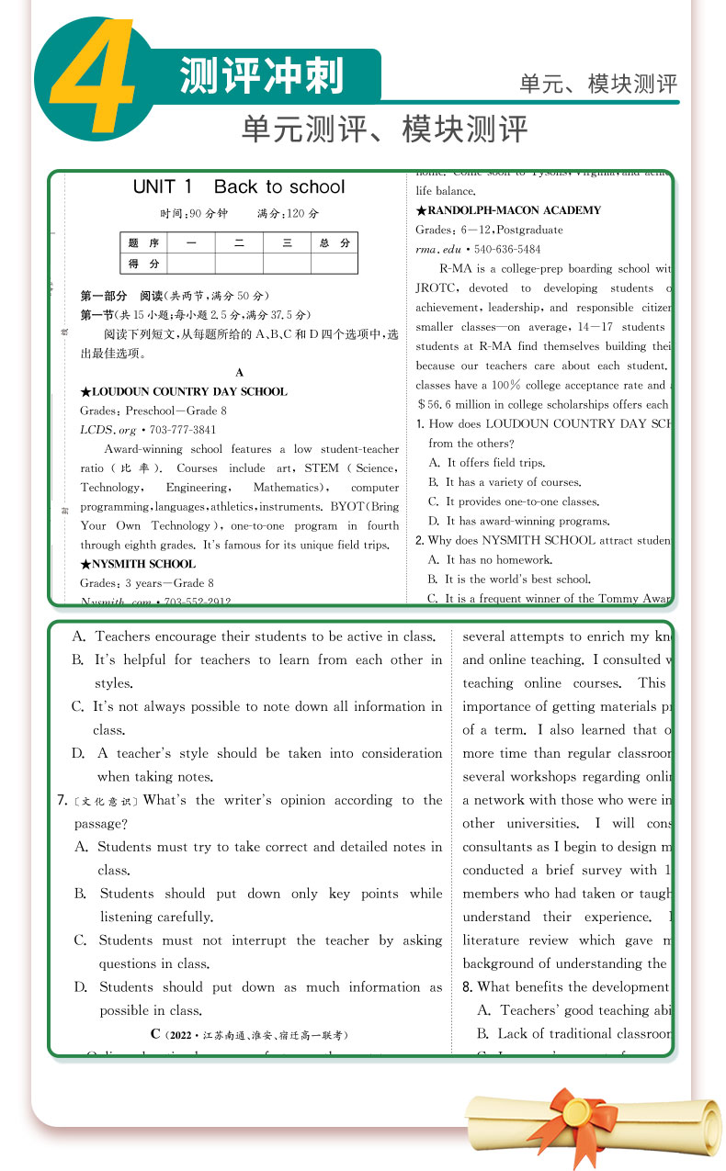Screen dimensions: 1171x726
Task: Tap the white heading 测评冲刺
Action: point(261,75)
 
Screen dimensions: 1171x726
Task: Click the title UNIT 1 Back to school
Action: point(238,187)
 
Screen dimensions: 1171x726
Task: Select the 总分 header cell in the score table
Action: point(334,243)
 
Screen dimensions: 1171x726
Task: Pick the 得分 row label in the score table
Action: point(143,264)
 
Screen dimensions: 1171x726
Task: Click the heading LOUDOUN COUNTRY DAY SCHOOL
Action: point(184,392)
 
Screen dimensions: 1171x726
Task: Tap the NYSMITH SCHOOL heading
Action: point(138,564)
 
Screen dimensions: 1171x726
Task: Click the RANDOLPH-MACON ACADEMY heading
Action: point(508,210)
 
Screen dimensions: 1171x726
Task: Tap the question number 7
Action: point(62,801)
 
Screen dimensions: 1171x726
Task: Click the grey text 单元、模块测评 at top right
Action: point(598,84)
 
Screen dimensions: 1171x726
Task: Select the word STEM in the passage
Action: point(322,468)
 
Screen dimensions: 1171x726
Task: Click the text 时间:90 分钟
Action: point(193,214)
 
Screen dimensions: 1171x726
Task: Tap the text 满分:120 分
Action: point(288,214)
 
